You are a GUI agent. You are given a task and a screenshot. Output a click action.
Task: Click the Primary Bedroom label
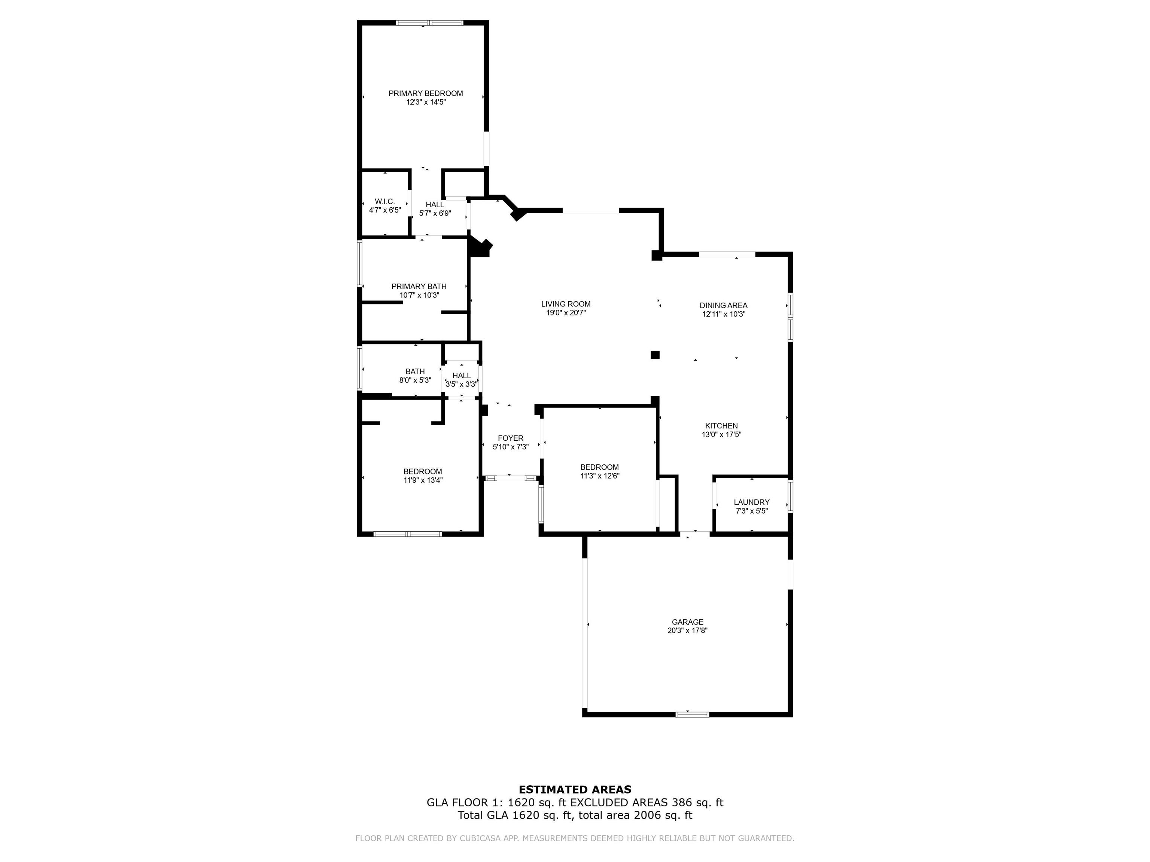click(x=425, y=94)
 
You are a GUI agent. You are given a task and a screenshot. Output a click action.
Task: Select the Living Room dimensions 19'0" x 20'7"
click(x=566, y=313)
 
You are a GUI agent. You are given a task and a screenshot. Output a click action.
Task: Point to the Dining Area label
click(x=723, y=306)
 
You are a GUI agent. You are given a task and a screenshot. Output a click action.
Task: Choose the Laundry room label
click(x=751, y=502)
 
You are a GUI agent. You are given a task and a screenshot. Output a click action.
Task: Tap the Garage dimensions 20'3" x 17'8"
click(x=687, y=631)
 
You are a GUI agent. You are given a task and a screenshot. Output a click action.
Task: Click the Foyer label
click(x=511, y=438)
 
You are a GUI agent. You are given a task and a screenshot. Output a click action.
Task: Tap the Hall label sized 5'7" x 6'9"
click(x=435, y=205)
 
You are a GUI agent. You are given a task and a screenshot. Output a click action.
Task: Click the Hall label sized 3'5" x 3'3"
click(x=461, y=376)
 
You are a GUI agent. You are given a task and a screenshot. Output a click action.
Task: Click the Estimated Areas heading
click(x=575, y=790)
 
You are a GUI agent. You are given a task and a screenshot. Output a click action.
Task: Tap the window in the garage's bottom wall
click(x=692, y=715)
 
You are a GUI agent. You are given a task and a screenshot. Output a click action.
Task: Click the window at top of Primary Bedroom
click(x=429, y=23)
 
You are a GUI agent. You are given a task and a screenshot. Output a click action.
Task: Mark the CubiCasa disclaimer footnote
click(x=575, y=838)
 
